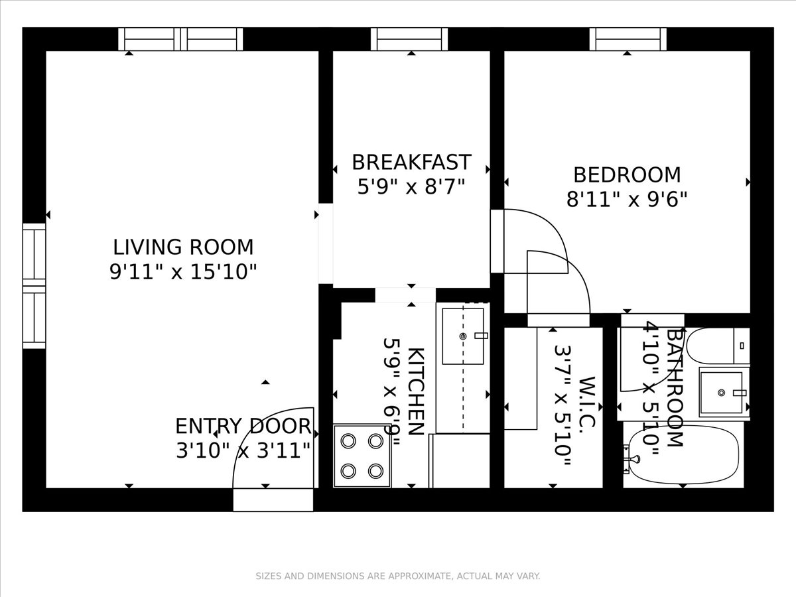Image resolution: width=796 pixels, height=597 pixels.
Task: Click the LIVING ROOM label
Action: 183,247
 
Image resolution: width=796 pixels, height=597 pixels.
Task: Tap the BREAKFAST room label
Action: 411,163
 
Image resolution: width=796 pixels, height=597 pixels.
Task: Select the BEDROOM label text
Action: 627,175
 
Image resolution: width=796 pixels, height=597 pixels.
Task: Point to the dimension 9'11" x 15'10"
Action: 183,272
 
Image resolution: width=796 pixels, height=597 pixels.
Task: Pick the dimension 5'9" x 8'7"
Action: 411,186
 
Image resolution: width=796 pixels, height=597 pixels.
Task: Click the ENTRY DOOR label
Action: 243,426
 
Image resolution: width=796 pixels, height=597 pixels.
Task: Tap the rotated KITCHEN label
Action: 415,391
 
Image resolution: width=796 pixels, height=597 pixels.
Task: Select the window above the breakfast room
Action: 409,39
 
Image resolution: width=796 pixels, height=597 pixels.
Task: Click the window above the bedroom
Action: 628,39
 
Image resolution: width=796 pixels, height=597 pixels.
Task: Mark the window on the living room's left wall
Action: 34,285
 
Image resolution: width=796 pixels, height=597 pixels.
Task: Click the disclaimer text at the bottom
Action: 398,576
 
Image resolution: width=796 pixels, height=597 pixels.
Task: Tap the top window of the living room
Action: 180,39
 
